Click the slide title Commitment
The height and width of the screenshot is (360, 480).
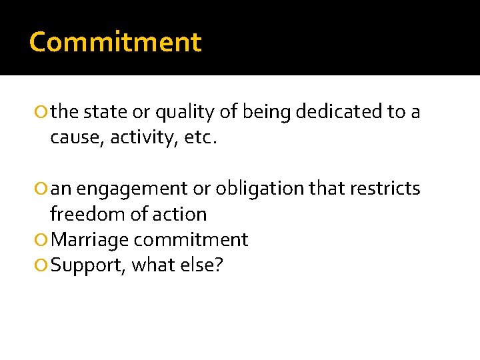[115, 42]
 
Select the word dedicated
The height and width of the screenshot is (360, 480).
[339, 112]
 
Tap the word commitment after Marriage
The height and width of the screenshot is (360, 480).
[193, 240]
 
